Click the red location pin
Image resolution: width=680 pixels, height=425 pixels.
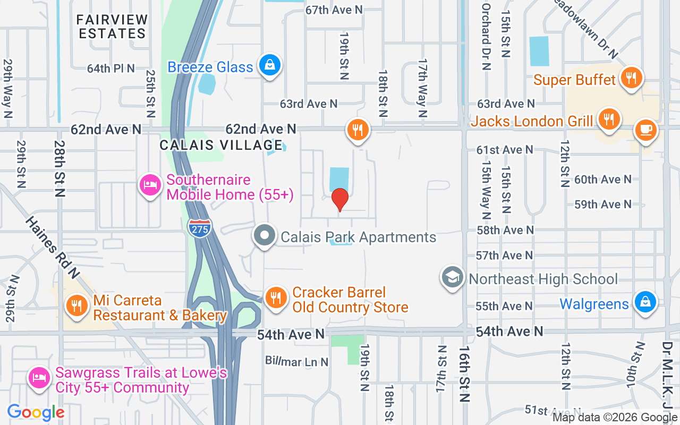click(340, 199)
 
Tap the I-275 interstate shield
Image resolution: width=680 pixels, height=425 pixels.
click(199, 228)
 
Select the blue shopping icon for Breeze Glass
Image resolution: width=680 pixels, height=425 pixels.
click(270, 65)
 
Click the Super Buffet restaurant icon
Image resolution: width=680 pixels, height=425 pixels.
click(631, 78)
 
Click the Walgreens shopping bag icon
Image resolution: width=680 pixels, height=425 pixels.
click(645, 302)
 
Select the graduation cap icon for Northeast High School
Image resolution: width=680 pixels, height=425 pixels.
click(453, 277)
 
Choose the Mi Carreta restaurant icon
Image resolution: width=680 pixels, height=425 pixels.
click(78, 305)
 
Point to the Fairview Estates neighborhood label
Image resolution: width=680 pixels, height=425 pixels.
click(112, 27)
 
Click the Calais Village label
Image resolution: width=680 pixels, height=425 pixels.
click(221, 145)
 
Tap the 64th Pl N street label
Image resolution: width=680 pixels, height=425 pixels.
click(111, 68)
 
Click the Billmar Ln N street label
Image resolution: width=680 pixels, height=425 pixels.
click(296, 362)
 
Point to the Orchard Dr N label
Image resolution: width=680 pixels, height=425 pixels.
click(486, 36)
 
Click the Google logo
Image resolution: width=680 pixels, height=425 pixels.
click(36, 412)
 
